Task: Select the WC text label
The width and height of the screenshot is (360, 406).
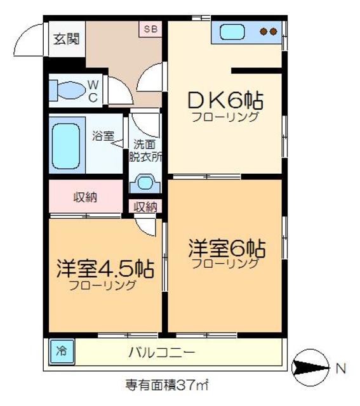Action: (x=93, y=90)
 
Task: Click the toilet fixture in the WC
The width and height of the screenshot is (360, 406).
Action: (x=67, y=89)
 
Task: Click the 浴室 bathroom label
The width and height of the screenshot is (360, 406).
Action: (x=102, y=135)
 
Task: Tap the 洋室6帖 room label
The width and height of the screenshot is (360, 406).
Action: (x=226, y=247)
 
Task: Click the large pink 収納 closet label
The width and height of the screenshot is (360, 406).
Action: (x=85, y=197)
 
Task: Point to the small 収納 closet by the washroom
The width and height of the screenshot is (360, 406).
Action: (x=146, y=206)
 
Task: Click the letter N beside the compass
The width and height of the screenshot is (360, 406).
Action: (x=341, y=367)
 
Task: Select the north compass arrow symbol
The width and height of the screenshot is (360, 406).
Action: (x=310, y=367)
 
